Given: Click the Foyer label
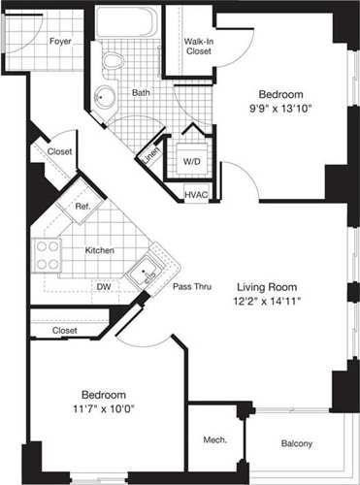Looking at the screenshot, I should click(x=60, y=41).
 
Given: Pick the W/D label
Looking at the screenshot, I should click(x=191, y=160).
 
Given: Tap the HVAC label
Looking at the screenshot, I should click(x=196, y=194).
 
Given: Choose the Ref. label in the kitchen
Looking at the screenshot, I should click(x=82, y=206).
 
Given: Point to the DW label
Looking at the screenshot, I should click(x=102, y=287).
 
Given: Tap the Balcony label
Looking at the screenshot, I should click(x=296, y=443).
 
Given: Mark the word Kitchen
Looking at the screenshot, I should click(x=100, y=250).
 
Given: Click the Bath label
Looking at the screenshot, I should click(x=142, y=93).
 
